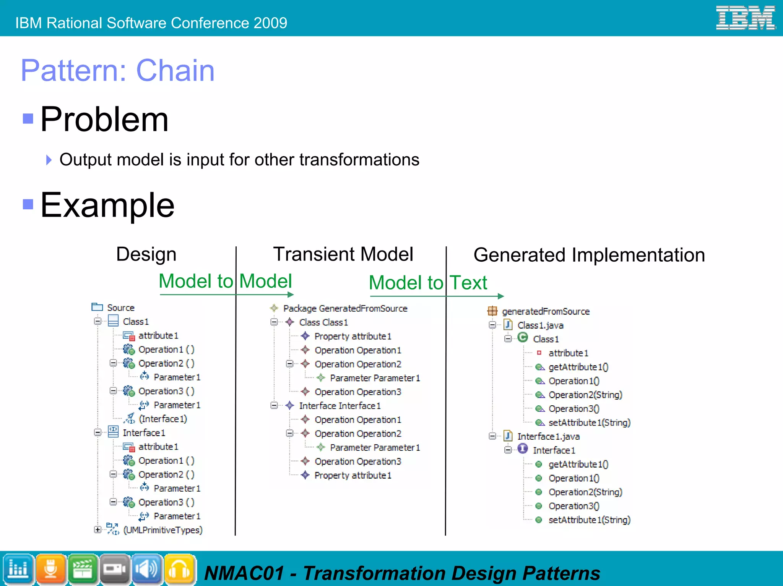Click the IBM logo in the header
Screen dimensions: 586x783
coord(745,18)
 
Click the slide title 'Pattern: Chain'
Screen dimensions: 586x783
coord(117,71)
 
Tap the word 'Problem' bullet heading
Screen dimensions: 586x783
coord(104,120)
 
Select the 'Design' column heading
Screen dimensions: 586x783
coord(146,254)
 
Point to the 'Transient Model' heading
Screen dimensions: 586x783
coord(343,254)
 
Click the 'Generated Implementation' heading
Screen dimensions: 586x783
coord(589,255)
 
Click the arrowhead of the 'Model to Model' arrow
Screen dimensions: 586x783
coord(291,295)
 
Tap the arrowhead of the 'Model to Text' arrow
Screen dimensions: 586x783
coord(501,296)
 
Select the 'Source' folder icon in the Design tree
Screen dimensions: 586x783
coord(97,307)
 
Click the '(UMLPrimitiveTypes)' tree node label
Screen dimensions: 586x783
coord(162,530)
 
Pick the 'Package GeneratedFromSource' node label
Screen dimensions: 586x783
coord(345,309)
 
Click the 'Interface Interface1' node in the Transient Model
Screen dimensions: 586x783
coord(340,406)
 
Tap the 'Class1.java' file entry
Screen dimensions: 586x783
coord(540,325)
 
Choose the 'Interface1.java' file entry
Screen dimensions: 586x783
coord(548,437)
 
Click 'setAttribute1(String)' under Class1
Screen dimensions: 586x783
coord(589,423)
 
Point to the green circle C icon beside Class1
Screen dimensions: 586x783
coord(523,338)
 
